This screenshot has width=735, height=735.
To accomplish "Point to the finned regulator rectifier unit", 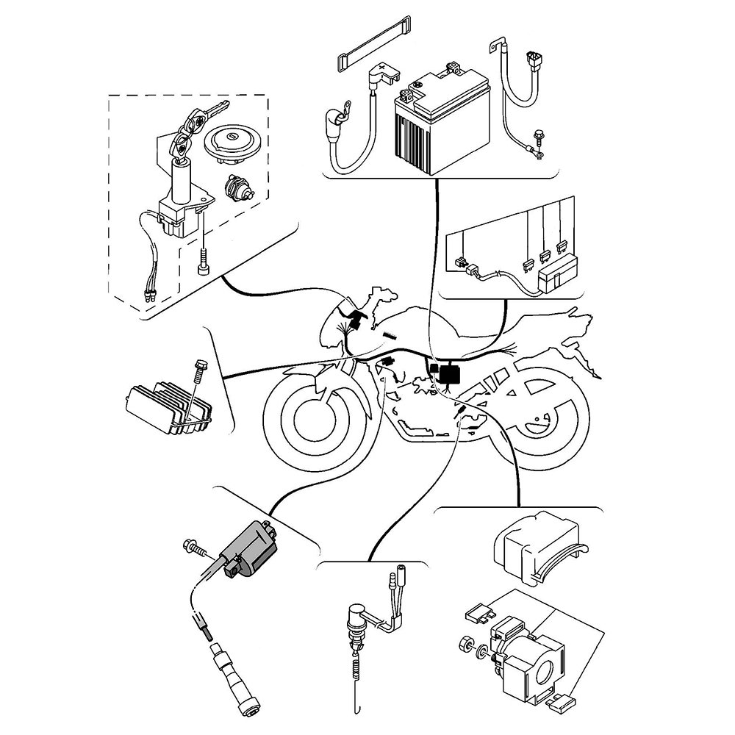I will (165, 404).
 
